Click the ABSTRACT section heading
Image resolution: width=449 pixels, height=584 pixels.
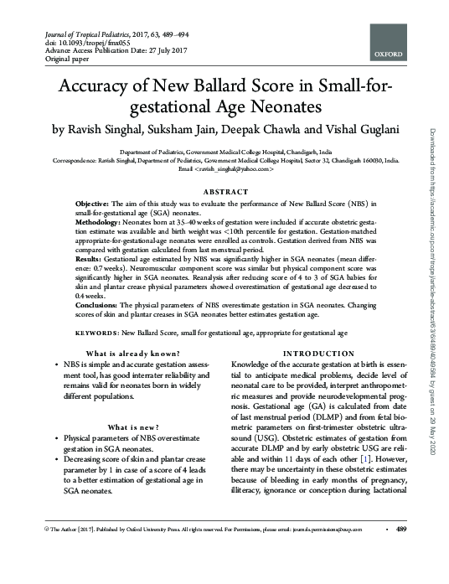[225, 192]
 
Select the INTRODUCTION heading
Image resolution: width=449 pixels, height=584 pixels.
[331, 354]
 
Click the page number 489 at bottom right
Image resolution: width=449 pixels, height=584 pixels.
[400, 530]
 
